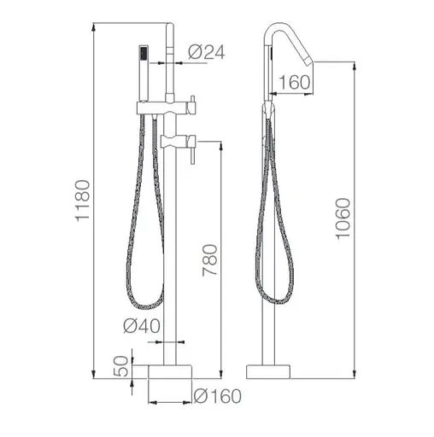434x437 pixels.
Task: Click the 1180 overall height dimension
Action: coord(83,201)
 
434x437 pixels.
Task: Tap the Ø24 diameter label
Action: coord(207,52)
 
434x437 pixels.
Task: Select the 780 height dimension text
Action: coord(210,260)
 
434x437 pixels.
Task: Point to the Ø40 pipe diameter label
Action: coord(142,326)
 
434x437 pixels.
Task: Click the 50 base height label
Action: coord(121,366)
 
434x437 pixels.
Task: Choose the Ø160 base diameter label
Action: coord(218,396)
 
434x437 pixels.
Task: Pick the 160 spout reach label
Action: coord(294,82)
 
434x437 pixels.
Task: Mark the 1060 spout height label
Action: coord(343,219)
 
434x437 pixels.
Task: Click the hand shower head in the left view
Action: coord(144,73)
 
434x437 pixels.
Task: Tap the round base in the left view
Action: coord(170,371)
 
